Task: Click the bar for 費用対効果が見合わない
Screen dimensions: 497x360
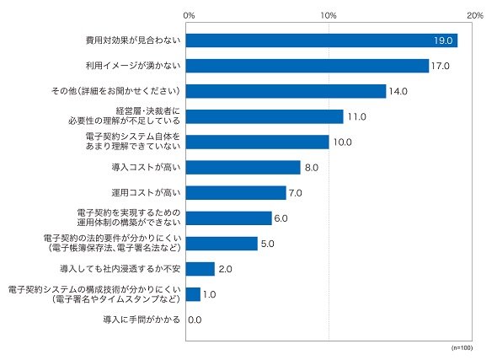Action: tap(322, 40)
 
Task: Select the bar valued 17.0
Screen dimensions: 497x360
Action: tap(307, 66)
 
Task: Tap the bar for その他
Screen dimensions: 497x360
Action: tap(286, 91)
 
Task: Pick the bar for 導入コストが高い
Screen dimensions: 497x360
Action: tap(243, 168)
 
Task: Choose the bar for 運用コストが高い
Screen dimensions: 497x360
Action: tap(236, 193)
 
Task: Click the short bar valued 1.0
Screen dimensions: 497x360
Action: tap(193, 294)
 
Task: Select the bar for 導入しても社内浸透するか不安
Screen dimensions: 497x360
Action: tap(200, 269)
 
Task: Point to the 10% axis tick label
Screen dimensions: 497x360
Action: tap(329, 15)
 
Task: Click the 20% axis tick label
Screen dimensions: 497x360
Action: tap(475, 15)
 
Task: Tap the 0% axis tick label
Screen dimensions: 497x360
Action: tap(189, 15)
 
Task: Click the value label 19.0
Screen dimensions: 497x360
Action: tap(443, 40)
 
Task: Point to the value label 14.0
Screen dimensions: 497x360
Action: tap(398, 91)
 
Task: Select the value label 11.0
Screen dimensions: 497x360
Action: tap(356, 116)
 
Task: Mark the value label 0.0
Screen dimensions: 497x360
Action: tap(195, 320)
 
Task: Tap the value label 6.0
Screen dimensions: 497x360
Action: tap(281, 218)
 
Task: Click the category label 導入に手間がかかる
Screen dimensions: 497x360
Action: tap(142, 320)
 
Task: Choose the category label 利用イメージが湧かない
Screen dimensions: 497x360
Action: tap(133, 66)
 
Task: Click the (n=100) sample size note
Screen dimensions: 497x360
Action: tap(462, 348)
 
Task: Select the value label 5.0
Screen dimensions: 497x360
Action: tap(268, 244)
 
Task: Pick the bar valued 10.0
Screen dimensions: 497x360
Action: tap(258, 142)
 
